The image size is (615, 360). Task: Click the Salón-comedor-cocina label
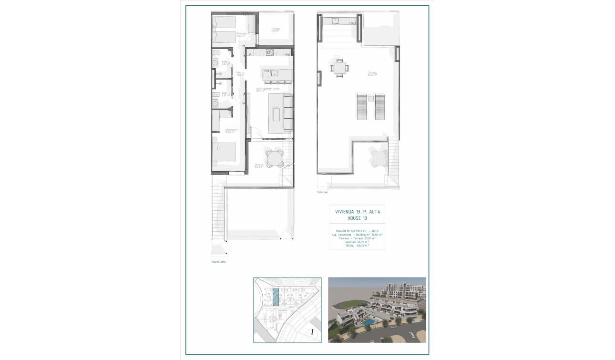click(x=267, y=89)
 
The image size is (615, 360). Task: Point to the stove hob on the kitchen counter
click(x=270, y=52)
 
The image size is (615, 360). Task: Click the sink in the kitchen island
click(x=274, y=73)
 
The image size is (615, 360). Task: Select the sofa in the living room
click(x=288, y=113)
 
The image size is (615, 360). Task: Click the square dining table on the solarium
click(x=339, y=68)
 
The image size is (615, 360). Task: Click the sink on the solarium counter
click(x=336, y=21)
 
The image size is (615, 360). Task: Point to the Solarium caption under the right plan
click(x=323, y=192)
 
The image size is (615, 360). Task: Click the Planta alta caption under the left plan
click(x=218, y=262)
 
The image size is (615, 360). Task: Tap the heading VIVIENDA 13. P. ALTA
click(x=357, y=211)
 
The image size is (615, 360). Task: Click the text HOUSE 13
click(x=357, y=218)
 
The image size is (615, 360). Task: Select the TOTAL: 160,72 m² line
click(x=357, y=246)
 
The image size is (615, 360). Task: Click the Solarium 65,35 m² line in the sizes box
click(x=357, y=242)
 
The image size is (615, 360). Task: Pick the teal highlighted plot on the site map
click(x=276, y=298)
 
